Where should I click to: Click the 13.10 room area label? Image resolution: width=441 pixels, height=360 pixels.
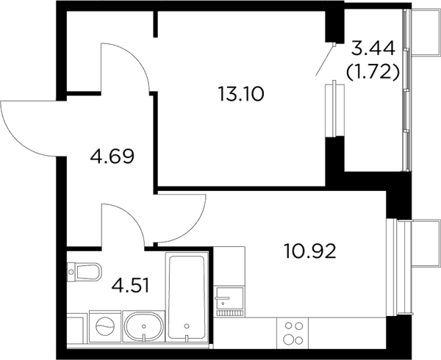[241, 94]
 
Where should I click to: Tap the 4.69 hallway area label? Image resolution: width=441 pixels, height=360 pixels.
[112, 156]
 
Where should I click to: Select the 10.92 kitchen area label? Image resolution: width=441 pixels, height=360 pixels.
[310, 251]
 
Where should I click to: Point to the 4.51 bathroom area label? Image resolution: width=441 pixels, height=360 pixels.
[130, 286]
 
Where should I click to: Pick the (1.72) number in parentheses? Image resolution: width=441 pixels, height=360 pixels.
[373, 72]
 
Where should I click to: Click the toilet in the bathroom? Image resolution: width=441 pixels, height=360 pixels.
[84, 272]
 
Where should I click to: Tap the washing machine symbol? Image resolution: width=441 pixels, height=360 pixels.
[105, 326]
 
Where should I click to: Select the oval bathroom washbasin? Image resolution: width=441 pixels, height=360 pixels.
[144, 326]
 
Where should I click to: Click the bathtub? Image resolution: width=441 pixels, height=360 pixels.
[187, 297]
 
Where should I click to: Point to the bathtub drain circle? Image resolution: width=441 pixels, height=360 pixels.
[187, 326]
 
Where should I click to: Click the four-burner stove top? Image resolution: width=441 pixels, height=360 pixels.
[293, 334]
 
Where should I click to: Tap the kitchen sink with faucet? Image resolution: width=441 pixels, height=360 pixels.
[229, 301]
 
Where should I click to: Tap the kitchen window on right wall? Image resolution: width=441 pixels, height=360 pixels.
[392, 267]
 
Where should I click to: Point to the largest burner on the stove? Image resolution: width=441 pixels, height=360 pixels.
[288, 339]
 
